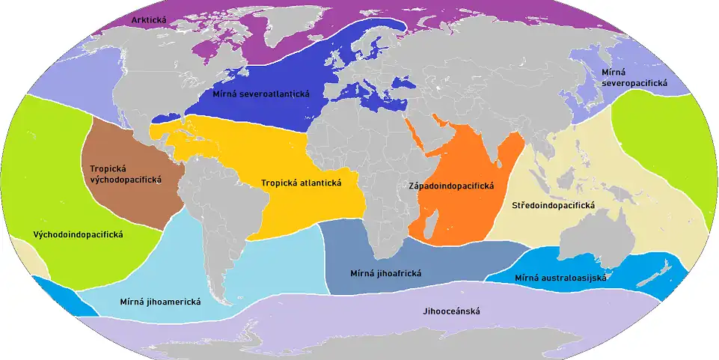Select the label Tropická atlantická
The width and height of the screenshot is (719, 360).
pos(301,183)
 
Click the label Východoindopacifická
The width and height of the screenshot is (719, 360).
pos(78,234)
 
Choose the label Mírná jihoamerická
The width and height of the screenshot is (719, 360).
pos(159,302)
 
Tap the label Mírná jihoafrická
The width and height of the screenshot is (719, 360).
pos(385,273)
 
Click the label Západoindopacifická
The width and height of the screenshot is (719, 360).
pos(451,185)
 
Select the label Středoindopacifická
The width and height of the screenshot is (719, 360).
pos(553,205)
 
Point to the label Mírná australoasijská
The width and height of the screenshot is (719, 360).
pos(560,278)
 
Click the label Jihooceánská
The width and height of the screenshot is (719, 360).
pos(451,311)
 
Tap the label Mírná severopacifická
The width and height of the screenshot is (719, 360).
pos(634,78)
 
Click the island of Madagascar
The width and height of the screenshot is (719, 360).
pos(433,222)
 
